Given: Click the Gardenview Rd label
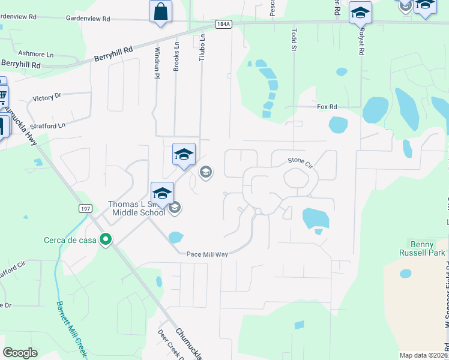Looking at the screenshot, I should pyautogui.click(x=88, y=19).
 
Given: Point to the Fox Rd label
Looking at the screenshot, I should pyautogui.click(x=327, y=107).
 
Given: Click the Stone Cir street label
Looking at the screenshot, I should pyautogui.click(x=301, y=160).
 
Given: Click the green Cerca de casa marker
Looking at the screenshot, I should pyautogui.click(x=106, y=240).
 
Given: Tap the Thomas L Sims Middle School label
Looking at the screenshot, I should pyautogui.click(x=136, y=208).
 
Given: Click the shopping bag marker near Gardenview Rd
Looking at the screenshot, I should pyautogui.click(x=160, y=11).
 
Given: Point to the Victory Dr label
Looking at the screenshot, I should pyautogui.click(x=47, y=97).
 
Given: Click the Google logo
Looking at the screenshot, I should pyautogui.click(x=20, y=353).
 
